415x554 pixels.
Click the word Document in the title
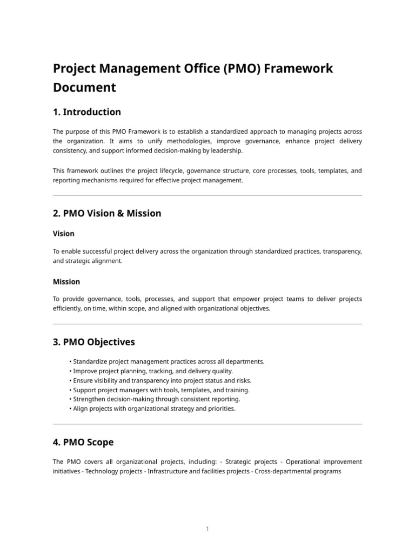coord(84,87)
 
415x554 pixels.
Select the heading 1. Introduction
coord(87,112)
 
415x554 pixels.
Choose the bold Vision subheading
coord(64,234)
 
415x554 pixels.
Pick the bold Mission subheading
coord(66,281)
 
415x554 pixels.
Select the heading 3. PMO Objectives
coord(94,342)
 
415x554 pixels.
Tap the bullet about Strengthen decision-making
coord(156,399)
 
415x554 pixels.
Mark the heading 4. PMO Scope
coord(83,442)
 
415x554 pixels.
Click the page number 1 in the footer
coord(207,529)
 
